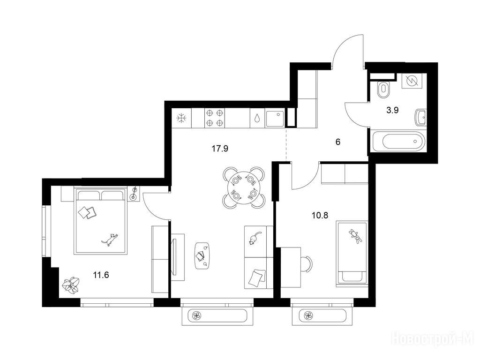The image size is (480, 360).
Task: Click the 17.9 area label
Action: (220, 149)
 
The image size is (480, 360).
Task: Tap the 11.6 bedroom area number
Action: (101, 275)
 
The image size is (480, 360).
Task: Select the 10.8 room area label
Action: (320, 216)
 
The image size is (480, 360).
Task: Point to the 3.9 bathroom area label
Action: (392, 110)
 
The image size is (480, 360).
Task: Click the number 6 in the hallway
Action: (338, 142)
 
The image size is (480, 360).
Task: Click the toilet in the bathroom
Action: (382, 89)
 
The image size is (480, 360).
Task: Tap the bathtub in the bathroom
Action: (398, 141)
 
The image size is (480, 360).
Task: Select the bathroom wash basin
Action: (420, 117)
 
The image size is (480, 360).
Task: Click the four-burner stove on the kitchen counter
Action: (214, 118)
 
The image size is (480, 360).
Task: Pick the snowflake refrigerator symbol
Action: (181, 118)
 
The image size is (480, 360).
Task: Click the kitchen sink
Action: (275, 119)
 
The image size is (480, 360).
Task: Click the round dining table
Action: (243, 187)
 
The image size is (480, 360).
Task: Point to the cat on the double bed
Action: (110, 239)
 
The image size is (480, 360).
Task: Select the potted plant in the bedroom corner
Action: (71, 285)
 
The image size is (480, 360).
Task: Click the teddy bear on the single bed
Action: (355, 236)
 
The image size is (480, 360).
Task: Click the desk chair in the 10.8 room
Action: (307, 263)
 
